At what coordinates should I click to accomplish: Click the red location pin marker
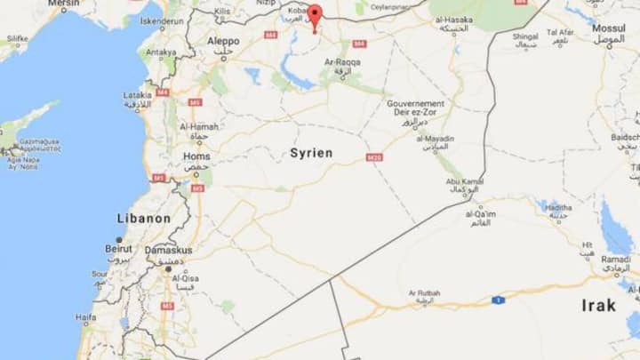314,17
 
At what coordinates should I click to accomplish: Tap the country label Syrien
311,153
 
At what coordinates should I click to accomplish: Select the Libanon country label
144,218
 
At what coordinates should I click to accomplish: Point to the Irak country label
598,305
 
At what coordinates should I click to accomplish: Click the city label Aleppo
222,41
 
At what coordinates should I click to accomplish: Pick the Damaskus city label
168,251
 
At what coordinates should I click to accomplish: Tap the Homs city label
196,156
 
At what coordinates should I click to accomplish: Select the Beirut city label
118,249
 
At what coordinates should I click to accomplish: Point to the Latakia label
137,94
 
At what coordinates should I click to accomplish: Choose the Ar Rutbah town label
425,293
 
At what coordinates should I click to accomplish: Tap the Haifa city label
86,317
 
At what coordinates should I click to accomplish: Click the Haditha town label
557,205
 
